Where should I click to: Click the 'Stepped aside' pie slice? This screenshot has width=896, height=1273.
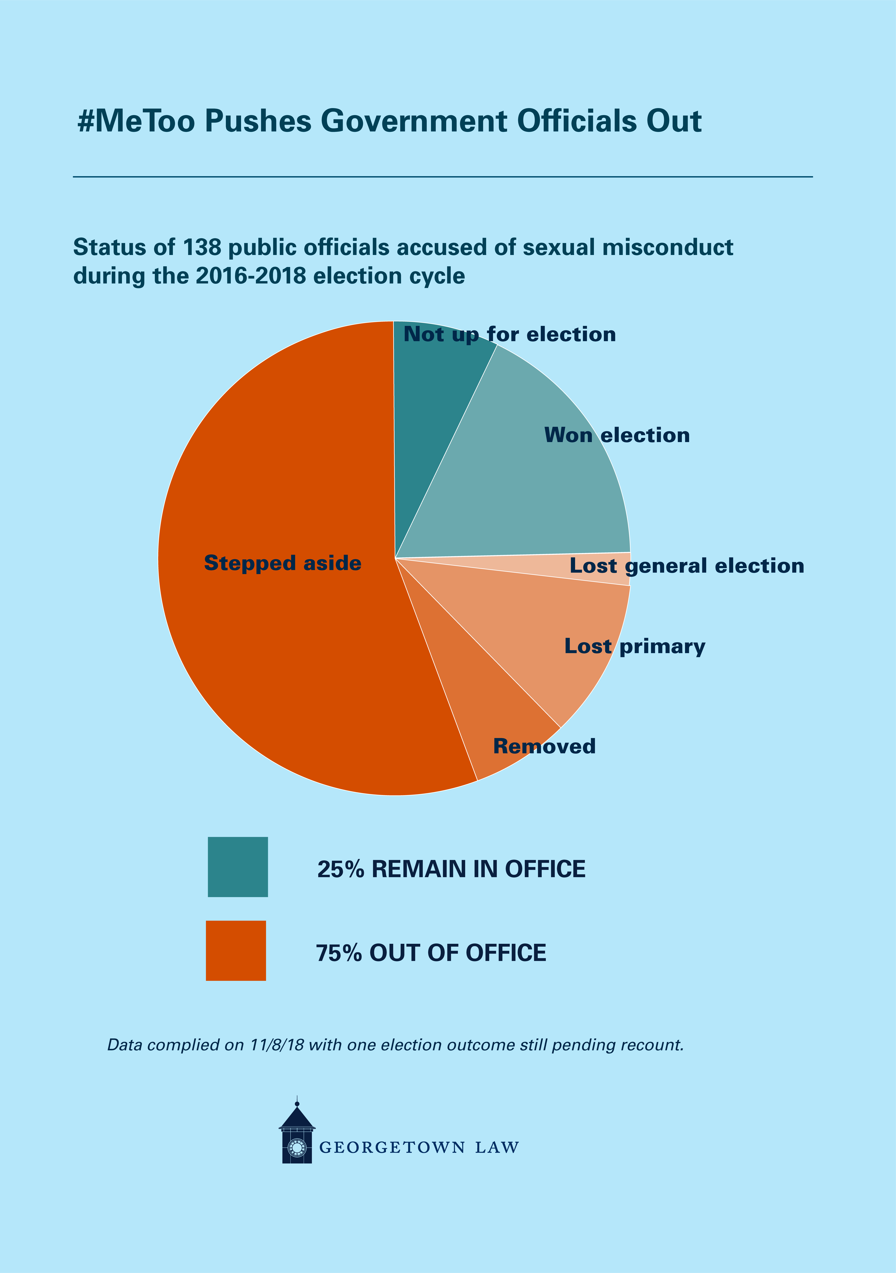277,610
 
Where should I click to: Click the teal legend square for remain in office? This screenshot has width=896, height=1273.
238,867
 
